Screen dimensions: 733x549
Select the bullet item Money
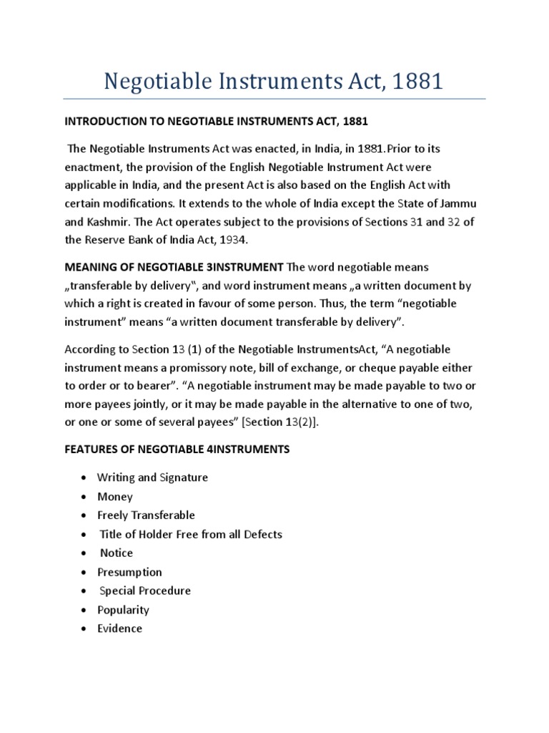pyautogui.click(x=115, y=497)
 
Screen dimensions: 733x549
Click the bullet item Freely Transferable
pyautogui.click(x=146, y=515)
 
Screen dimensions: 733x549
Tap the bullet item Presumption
pyautogui.click(x=129, y=572)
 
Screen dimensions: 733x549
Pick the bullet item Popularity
pyautogui.click(x=123, y=610)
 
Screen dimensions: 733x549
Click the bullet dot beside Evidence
pyautogui.click(x=84, y=628)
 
